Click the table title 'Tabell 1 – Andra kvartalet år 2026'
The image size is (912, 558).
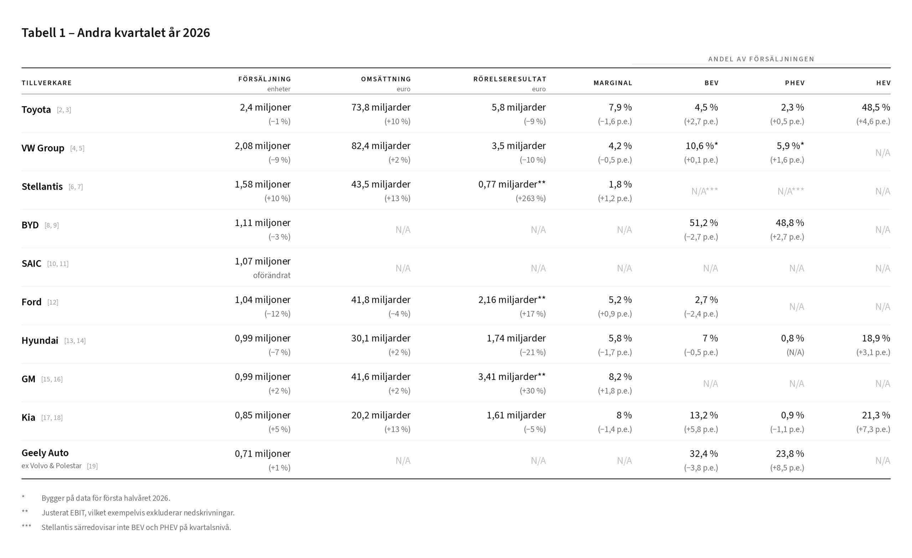(115, 33)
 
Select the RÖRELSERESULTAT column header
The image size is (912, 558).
(510, 79)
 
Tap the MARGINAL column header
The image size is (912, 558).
(613, 83)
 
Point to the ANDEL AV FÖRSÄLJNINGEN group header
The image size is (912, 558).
(761, 59)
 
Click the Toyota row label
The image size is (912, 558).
(36, 110)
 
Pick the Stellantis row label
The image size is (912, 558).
(42, 187)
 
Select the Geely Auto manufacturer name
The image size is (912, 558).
(45, 453)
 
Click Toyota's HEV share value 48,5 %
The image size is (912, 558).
(876, 107)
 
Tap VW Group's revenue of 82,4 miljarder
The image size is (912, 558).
(381, 146)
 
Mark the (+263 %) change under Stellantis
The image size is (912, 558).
(531, 199)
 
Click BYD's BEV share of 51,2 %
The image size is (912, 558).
(704, 223)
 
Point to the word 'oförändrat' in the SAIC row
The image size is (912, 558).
(272, 276)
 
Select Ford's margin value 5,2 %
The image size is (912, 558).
(620, 300)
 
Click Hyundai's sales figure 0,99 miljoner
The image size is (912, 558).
(263, 339)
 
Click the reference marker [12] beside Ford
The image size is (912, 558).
(53, 302)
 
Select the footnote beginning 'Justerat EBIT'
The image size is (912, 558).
(138, 513)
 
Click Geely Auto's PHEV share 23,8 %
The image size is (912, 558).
(790, 454)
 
